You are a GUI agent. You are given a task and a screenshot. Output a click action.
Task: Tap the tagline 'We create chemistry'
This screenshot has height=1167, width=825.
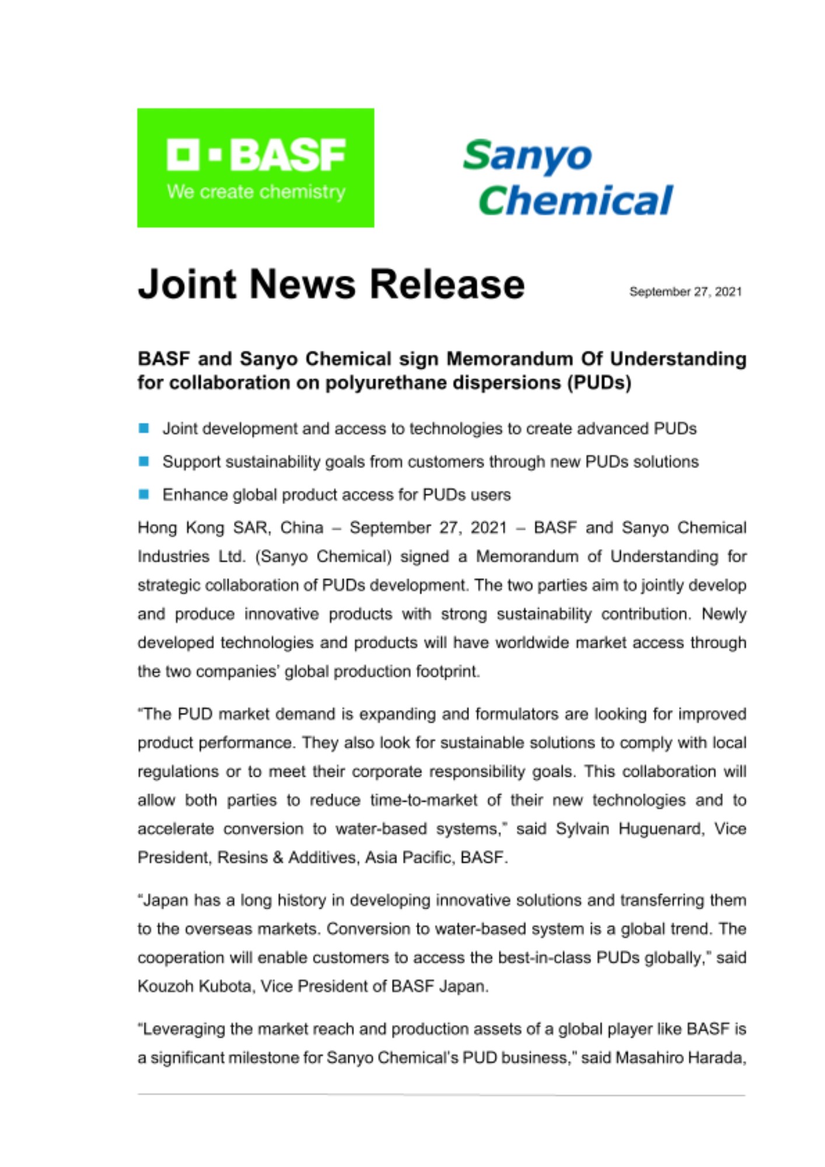256,192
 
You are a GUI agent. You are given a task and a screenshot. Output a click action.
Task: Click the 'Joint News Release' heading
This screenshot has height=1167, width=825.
331,284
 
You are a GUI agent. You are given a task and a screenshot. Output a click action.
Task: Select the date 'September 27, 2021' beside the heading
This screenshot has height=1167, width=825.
685,292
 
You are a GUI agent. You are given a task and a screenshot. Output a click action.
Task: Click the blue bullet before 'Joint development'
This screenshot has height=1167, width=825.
144,428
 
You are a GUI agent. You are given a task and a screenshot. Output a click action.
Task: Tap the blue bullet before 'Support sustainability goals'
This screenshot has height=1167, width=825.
144,462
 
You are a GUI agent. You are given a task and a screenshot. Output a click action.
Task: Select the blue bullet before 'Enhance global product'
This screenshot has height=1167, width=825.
144,495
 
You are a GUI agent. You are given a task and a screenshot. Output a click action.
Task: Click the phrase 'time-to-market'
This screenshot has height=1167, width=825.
424,801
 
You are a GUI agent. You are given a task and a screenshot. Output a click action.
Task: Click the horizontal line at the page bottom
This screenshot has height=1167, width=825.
441,1095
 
